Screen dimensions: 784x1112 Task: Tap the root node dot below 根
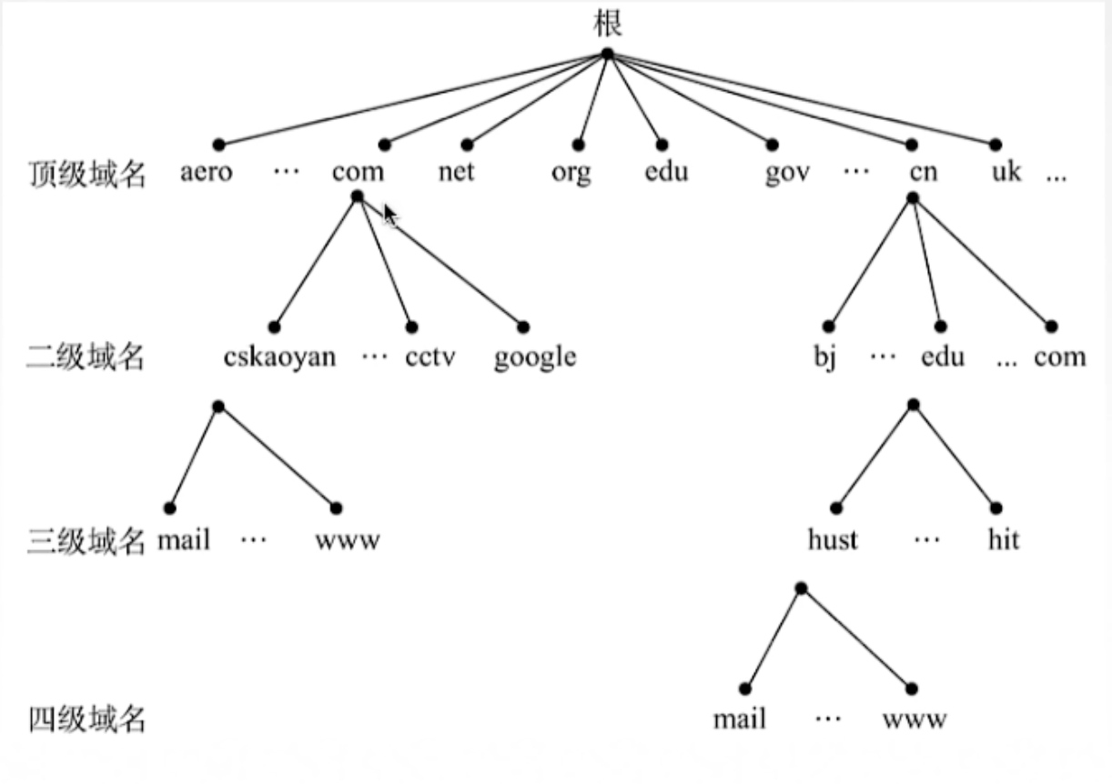(608, 54)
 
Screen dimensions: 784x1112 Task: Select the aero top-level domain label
(206, 171)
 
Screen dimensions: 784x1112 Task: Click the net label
(456, 171)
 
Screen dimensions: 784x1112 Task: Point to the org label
(571, 173)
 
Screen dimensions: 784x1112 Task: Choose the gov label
(787, 173)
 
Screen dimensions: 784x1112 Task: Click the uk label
(1006, 171)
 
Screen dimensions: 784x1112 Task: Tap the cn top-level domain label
(922, 171)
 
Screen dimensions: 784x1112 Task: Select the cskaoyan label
(279, 357)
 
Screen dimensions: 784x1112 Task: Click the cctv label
(431, 357)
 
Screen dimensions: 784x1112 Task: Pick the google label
(535, 357)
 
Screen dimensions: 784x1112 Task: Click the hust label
(833, 540)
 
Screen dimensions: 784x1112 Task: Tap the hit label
(1003, 539)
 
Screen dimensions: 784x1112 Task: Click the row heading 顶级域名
(86, 173)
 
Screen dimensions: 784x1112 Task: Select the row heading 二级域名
(86, 357)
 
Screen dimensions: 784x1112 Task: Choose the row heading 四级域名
(86, 721)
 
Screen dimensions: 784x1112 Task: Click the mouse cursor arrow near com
(389, 214)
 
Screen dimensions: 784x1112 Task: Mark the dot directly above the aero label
(217, 145)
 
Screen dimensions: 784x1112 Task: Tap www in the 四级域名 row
(914, 720)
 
